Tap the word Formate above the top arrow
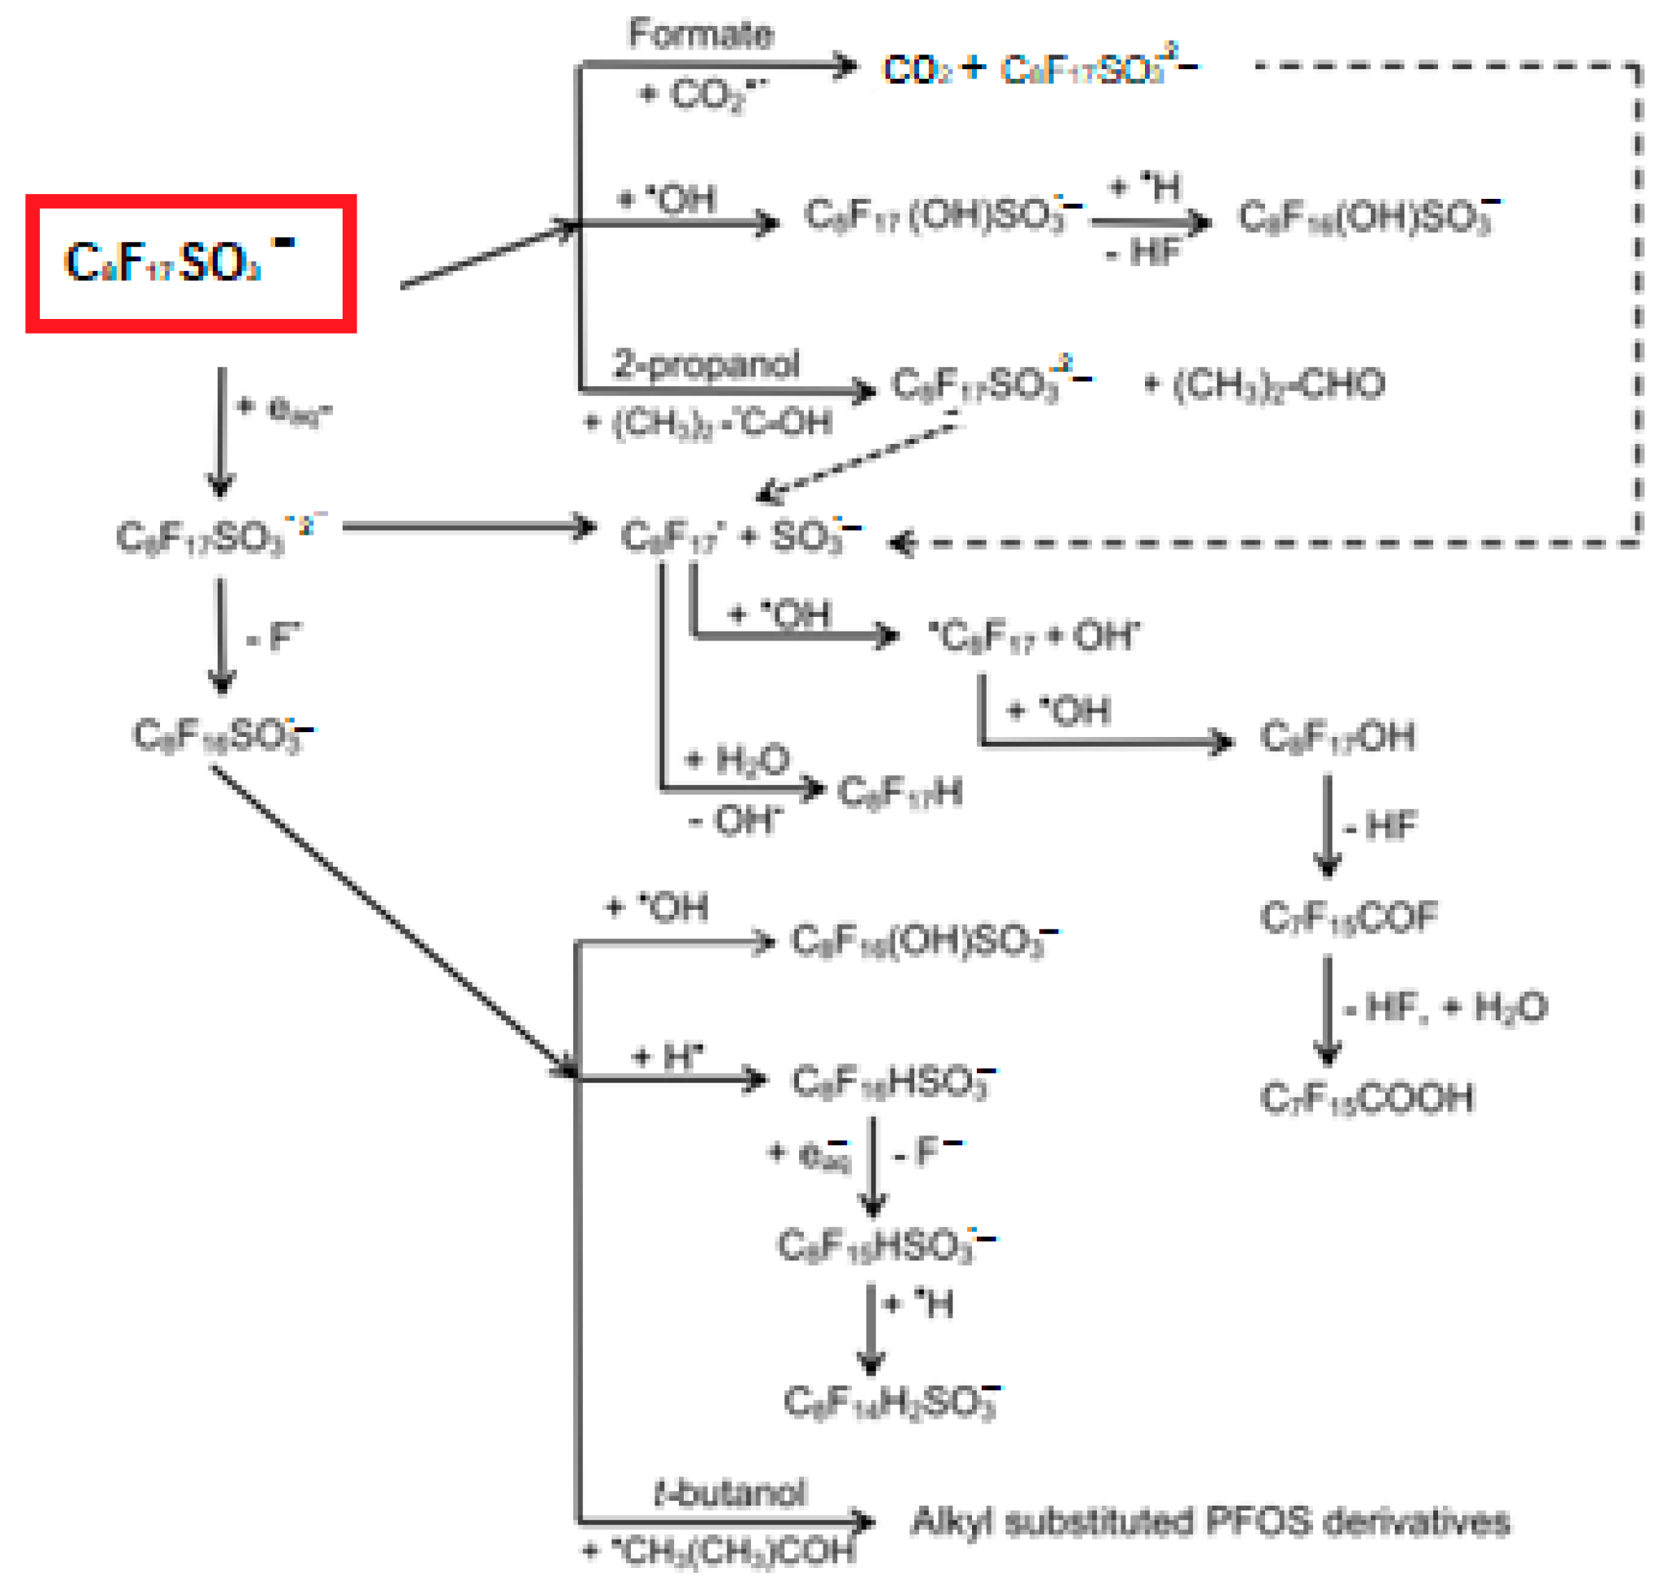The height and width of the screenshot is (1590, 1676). click(700, 34)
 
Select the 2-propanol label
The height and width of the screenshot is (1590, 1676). click(706, 364)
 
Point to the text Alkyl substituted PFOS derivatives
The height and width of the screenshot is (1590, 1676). click(1210, 1521)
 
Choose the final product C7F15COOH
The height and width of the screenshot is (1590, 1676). click(1367, 1098)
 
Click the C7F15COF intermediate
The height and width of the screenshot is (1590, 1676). click(1349, 917)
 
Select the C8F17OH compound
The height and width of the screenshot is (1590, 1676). click(1337, 736)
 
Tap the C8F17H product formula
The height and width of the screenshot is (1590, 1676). click(901, 792)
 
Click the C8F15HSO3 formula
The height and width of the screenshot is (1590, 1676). click(886, 1245)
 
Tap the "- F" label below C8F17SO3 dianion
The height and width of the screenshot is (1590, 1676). click(273, 636)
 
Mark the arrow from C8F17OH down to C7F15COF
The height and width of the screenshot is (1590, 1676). click(1327, 826)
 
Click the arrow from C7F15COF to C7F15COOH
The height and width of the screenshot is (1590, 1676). click(1327, 1009)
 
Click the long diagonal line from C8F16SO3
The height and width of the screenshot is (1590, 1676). click(390, 920)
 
